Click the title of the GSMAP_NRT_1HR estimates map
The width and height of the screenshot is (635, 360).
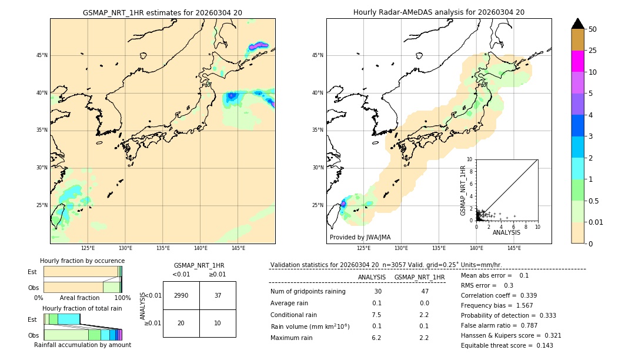tap(162, 12)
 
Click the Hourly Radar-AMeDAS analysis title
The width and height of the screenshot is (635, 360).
tap(439, 12)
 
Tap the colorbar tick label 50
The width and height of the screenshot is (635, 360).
tap(593, 29)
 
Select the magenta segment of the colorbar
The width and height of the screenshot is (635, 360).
tap(577, 61)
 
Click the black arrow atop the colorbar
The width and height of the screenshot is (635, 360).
tap(577, 24)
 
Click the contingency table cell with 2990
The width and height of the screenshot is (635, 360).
tap(181, 295)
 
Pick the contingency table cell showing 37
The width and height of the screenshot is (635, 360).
tap(218, 295)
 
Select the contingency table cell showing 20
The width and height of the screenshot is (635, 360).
tap(181, 323)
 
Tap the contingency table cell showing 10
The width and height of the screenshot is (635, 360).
tap(218, 323)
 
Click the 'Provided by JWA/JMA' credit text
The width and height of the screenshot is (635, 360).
tap(360, 238)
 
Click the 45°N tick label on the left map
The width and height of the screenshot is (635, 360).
tap(42, 55)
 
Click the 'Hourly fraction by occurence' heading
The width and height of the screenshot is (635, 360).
tap(82, 261)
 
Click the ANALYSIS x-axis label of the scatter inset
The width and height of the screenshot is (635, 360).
tap(506, 232)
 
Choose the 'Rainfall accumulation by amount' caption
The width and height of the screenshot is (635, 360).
tap(82, 345)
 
